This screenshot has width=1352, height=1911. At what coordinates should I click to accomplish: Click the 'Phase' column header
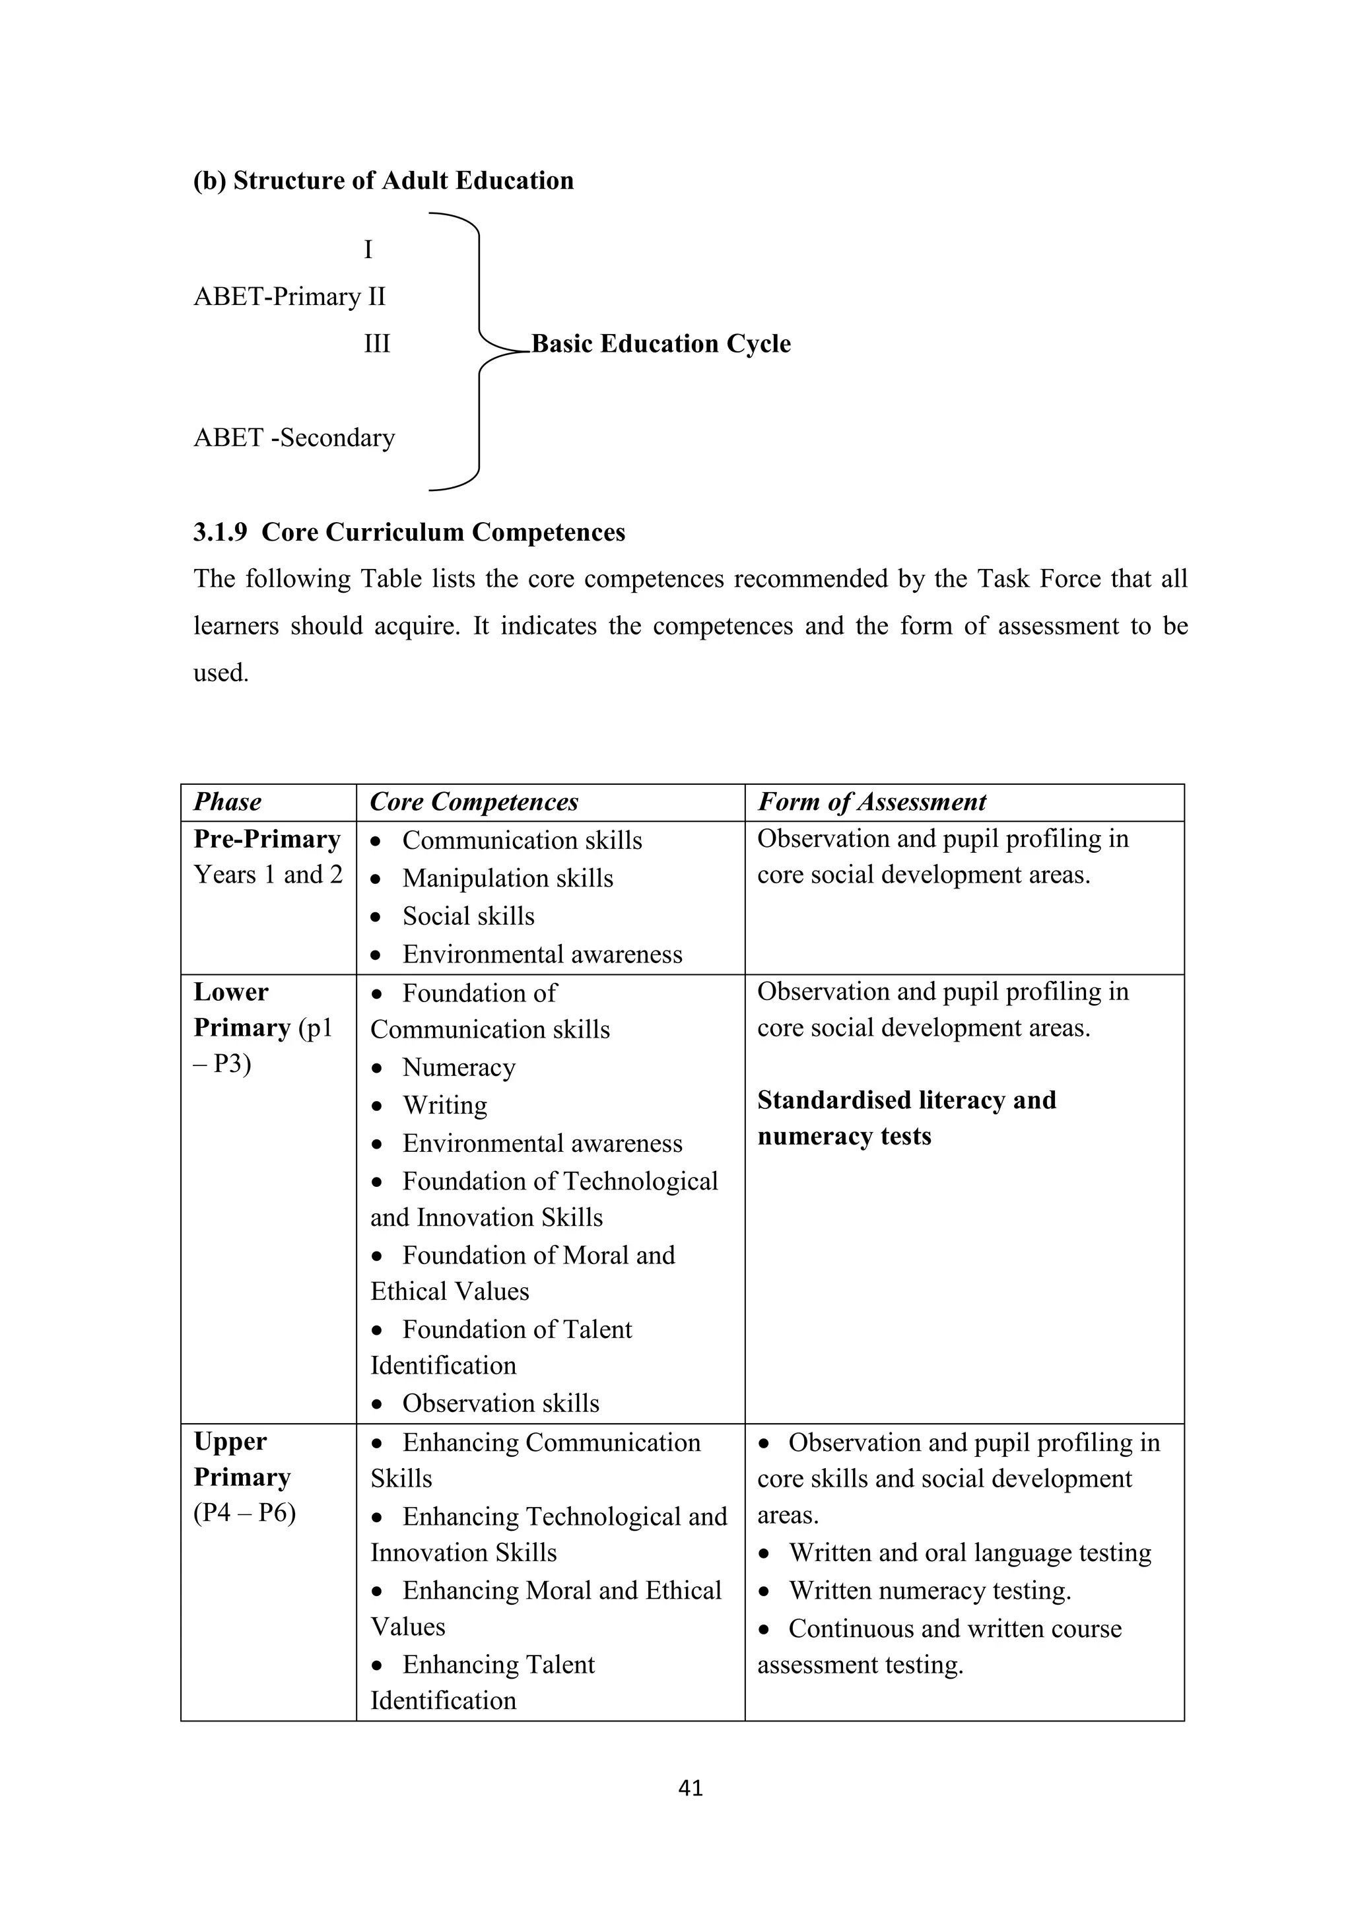227,802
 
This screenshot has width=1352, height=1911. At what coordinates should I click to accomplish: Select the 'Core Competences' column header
474,802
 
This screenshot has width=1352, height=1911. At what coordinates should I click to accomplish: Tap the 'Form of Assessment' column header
871,802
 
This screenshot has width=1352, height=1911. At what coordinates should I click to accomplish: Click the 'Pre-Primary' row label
267,839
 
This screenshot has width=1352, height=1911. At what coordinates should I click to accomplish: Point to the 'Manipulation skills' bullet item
507,878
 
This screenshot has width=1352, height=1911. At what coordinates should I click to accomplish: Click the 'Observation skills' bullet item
500,1403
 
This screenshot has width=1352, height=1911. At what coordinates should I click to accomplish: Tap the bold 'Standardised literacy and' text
906,1100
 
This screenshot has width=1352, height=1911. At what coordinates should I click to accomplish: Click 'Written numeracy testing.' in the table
929,1591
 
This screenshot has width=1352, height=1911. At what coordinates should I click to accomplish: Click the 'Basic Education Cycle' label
661,344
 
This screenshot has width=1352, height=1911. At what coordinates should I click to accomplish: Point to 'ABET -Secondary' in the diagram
294,438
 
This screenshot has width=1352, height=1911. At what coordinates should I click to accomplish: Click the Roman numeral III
376,344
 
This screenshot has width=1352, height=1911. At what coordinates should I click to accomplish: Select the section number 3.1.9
220,533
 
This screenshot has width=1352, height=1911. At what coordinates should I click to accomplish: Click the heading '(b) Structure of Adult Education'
383,181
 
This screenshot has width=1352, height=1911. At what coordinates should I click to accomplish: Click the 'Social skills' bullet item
468,916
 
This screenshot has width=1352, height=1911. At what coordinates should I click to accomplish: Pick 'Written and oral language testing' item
970,1553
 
